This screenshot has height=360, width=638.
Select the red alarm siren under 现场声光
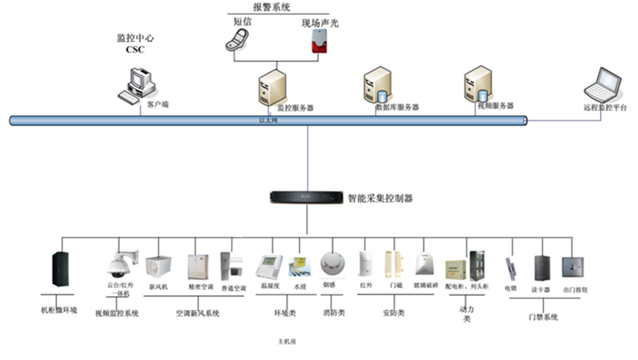click(319, 42)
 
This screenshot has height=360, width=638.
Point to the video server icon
click(478, 83)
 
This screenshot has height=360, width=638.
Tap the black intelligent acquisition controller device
click(306, 198)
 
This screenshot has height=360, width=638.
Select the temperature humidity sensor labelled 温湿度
click(268, 267)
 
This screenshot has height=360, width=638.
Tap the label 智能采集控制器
click(380, 198)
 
